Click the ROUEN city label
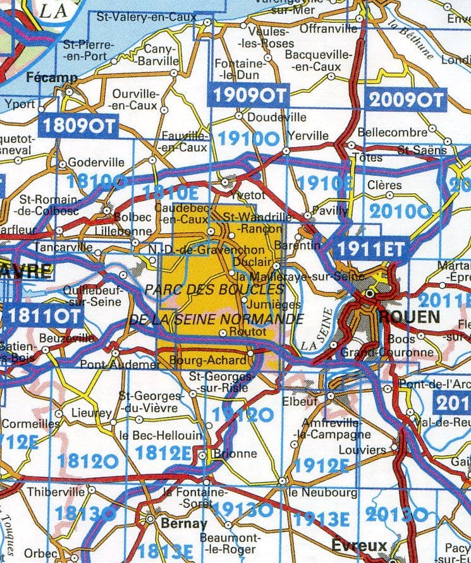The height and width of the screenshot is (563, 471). coord(409,317)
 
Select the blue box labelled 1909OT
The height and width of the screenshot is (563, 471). coord(248,95)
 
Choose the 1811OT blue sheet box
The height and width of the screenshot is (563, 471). coord(46,316)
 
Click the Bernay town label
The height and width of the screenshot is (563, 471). coord(184,523)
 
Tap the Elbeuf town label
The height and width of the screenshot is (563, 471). coord(298,401)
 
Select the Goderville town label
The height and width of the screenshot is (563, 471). coord(95,161)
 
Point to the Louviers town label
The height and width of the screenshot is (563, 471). coord(362,450)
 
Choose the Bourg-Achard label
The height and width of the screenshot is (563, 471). coord(209,360)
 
